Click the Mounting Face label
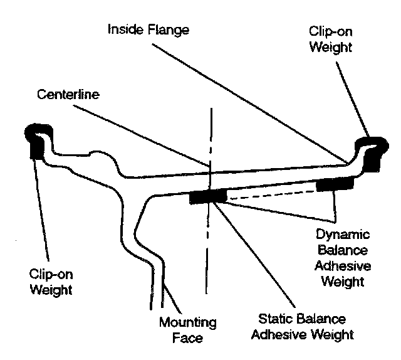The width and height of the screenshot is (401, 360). (x=187, y=331)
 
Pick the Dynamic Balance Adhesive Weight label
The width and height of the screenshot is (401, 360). (x=343, y=257)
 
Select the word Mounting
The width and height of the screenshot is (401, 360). (x=187, y=324)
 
